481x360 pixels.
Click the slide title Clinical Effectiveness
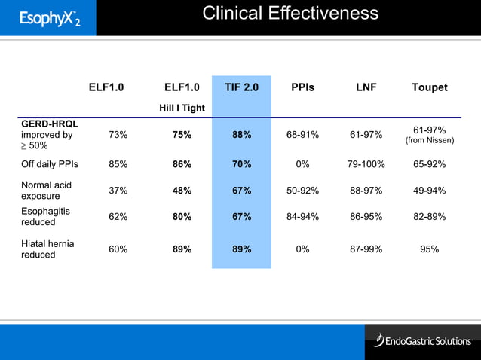coord(290,14)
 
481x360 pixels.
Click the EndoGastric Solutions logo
coord(422,341)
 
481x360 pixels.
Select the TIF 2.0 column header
coord(241,87)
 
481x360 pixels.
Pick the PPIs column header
coord(302,87)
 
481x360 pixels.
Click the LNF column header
coord(366,87)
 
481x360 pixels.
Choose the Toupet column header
coord(429,87)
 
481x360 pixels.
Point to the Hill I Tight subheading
coord(182,108)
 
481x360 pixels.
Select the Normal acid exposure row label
coord(47,191)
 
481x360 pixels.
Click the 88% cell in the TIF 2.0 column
coord(241,135)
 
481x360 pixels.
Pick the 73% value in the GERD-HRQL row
coord(118,135)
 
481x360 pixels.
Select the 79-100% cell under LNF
coord(366,163)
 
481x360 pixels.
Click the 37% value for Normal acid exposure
coord(118,191)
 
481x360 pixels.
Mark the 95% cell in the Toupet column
coord(430,249)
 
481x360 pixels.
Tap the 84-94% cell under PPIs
coord(302,217)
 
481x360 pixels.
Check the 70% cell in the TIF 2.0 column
coord(241,163)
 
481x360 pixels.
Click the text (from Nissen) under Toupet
coord(430,140)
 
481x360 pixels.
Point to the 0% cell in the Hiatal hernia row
coord(302,249)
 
